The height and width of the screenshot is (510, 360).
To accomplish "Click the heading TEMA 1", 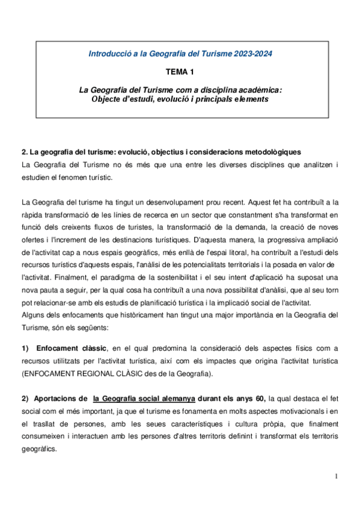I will pos(180,72).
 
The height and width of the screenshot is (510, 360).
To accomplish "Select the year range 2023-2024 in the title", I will pos(248,54).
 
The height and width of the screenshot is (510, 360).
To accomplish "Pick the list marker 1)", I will pos(25,348).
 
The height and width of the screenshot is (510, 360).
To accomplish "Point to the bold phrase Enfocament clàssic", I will pos(72,348).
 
